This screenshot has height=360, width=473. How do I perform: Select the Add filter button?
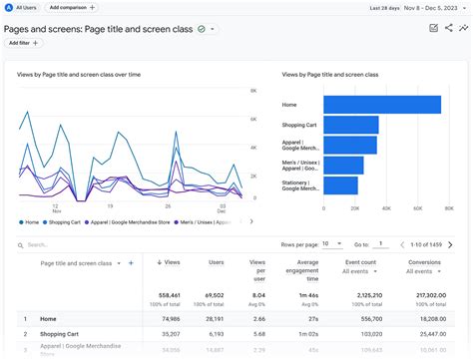coord(25,43)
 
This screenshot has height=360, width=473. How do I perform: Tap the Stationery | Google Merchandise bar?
coord(341,185)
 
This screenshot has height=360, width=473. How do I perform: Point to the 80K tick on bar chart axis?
coord(443,210)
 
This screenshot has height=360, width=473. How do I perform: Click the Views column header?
coord(171,262)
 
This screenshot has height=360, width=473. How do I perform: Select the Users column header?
coord(215,262)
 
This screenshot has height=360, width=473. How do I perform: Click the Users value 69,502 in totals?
coord(212,296)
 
